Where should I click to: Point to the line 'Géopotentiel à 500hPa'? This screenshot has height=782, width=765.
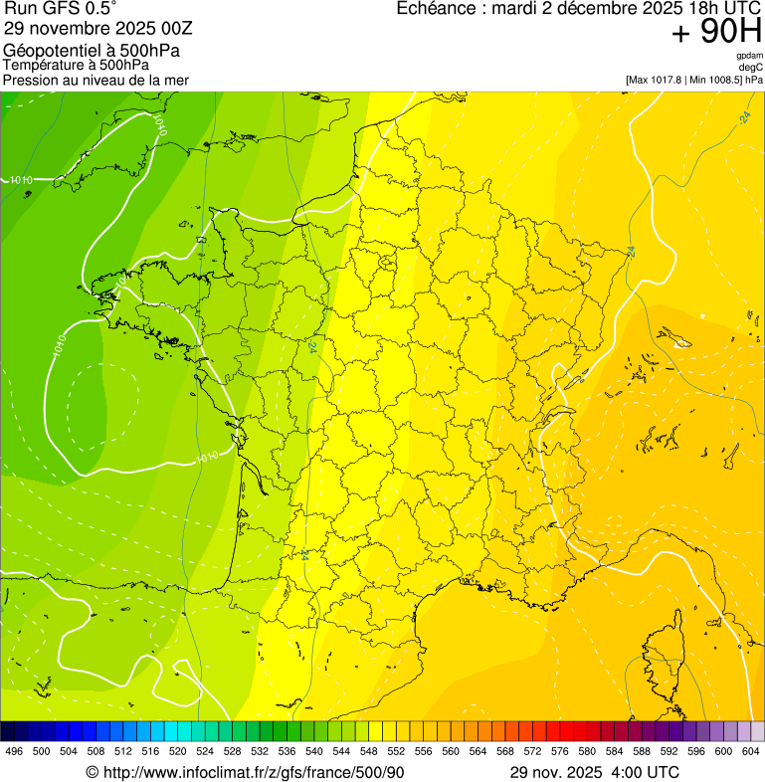point(92,51)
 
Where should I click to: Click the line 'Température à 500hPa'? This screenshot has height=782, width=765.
point(83,66)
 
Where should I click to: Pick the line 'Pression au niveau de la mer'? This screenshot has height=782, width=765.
point(96,80)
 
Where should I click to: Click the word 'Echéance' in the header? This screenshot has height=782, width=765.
point(434,9)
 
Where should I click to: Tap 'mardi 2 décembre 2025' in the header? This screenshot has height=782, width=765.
point(566,9)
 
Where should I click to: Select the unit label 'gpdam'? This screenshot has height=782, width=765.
point(749,56)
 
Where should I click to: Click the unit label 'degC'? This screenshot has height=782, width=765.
point(751,67)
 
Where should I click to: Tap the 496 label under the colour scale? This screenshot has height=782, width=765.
point(14,751)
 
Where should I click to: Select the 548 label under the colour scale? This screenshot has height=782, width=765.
point(368,751)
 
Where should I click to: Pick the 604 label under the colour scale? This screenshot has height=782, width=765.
point(750,751)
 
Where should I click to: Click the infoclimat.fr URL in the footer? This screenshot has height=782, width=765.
point(254,772)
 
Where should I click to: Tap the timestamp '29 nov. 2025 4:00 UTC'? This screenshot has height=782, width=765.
point(594,772)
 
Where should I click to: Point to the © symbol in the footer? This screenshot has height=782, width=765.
point(92,772)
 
